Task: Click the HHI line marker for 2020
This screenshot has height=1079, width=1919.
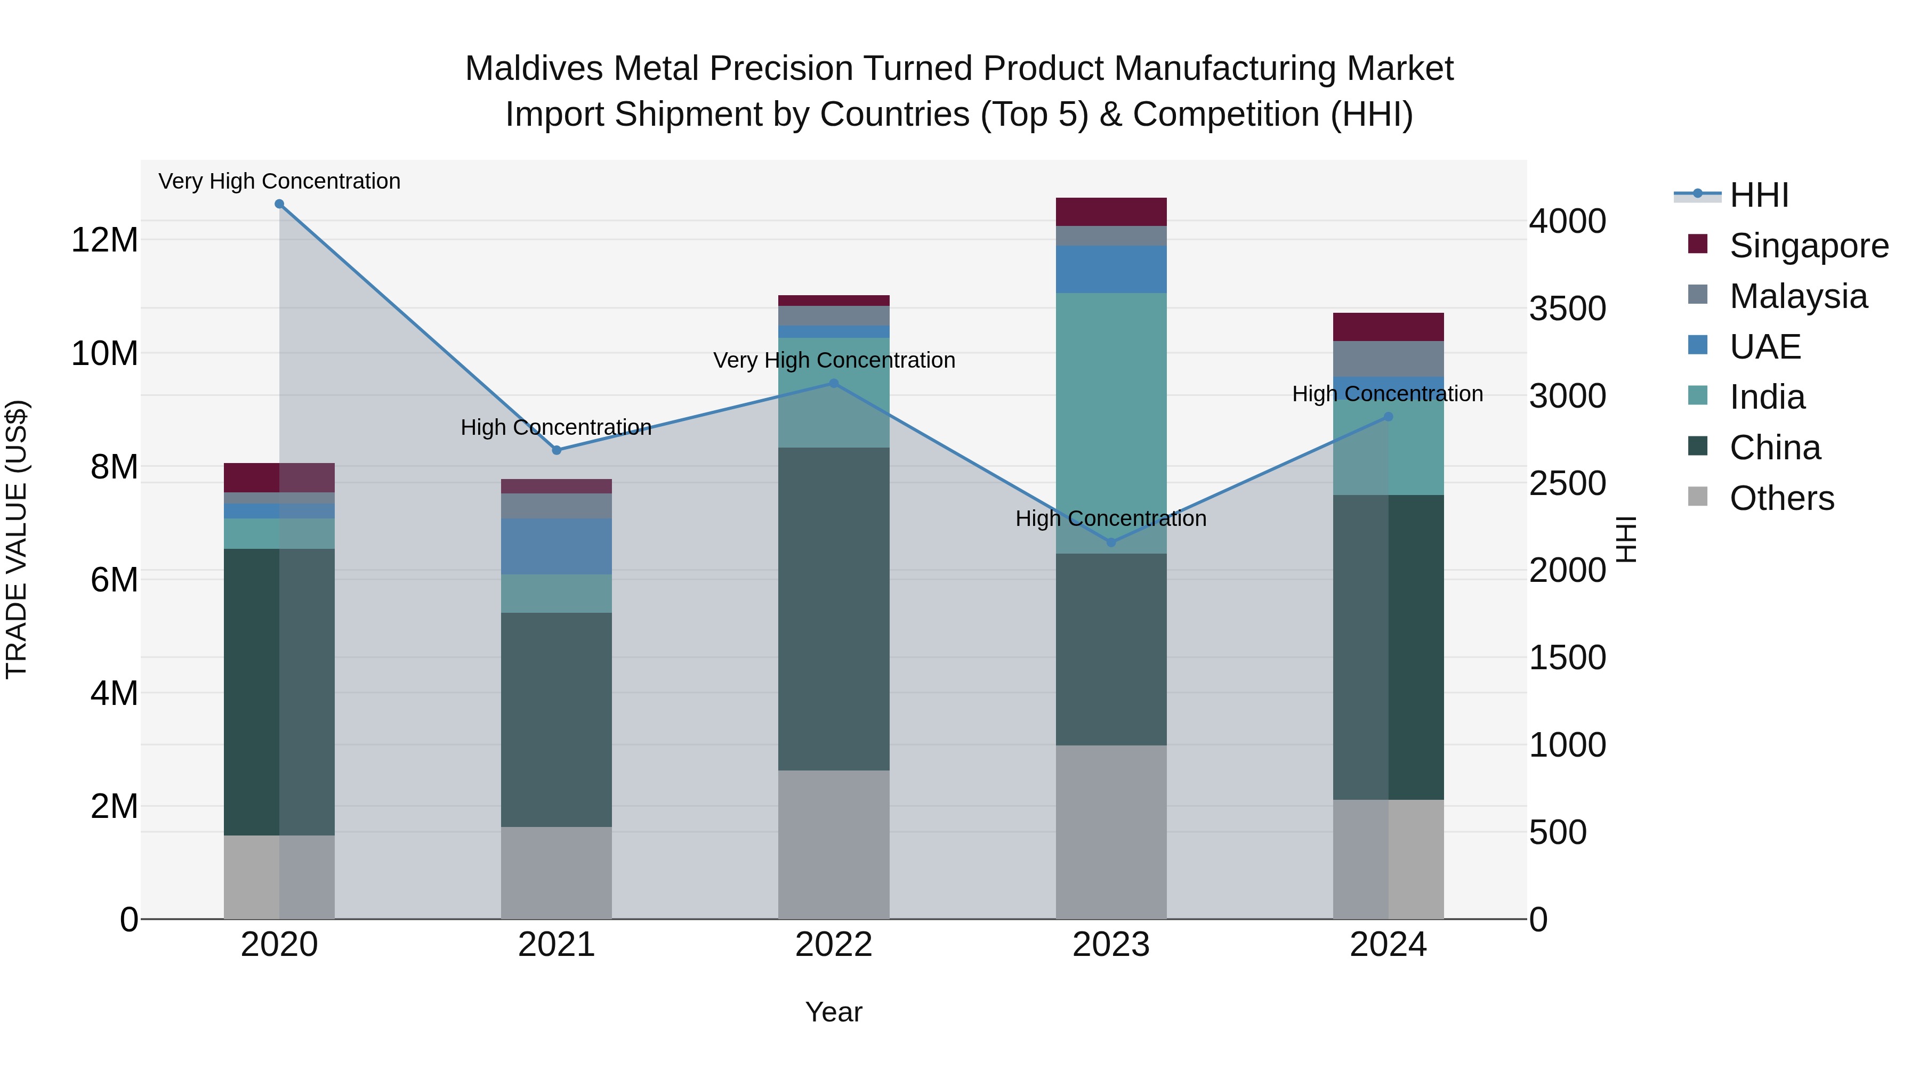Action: pyautogui.click(x=279, y=204)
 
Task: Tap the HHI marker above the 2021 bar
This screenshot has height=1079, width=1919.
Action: pyautogui.click(x=557, y=450)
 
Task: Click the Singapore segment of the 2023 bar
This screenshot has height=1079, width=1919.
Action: pyautogui.click(x=1111, y=212)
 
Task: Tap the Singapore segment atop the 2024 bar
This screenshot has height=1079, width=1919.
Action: pyautogui.click(x=1388, y=327)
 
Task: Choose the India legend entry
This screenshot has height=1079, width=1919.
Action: pyautogui.click(x=1767, y=397)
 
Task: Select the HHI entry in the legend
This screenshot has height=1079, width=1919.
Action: pyautogui.click(x=1758, y=195)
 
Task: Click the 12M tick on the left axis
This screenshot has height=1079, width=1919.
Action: pyautogui.click(x=104, y=240)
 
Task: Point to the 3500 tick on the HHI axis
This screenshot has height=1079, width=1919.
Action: pyautogui.click(x=1567, y=309)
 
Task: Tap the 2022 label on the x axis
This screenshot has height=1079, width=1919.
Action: pyautogui.click(x=834, y=945)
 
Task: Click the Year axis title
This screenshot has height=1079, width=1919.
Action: pyautogui.click(x=834, y=1012)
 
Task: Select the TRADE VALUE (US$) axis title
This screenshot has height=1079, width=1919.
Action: pyautogui.click(x=17, y=539)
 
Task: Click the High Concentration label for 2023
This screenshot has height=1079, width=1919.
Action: pyautogui.click(x=1111, y=518)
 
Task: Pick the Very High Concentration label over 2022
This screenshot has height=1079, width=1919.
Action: pyautogui.click(x=834, y=360)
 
